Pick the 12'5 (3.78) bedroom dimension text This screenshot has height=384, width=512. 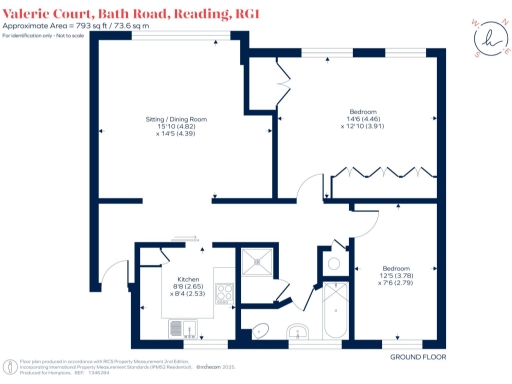tap(396, 275)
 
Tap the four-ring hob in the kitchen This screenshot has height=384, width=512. tap(226, 295)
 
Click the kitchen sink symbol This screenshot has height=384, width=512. tap(178, 326)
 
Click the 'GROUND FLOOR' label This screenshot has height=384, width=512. tap(412, 356)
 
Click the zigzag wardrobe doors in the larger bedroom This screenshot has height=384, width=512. tap(386, 170)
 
